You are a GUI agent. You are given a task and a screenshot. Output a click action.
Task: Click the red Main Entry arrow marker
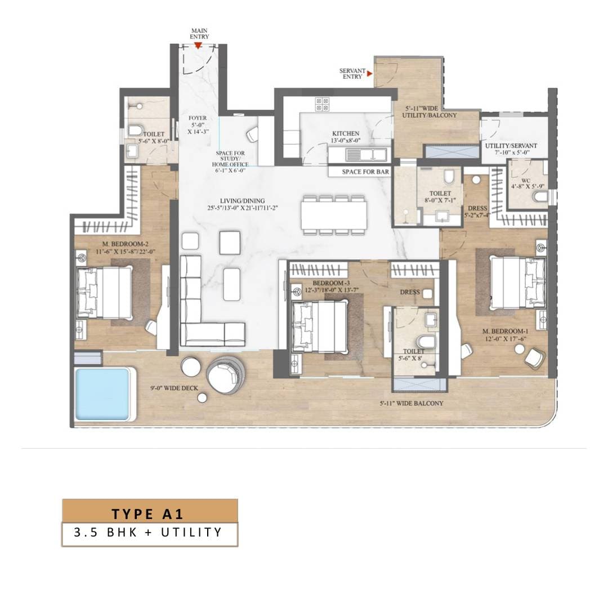click(x=198, y=46)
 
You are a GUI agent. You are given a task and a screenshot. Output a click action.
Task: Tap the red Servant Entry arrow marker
click(x=370, y=73)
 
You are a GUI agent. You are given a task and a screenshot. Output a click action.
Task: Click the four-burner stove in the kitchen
click(x=322, y=104)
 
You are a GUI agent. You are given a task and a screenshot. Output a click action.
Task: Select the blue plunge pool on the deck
click(x=102, y=394)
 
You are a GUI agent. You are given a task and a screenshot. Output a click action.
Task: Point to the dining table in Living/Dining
click(x=334, y=215)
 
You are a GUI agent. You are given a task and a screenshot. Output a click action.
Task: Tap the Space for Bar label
click(x=366, y=171)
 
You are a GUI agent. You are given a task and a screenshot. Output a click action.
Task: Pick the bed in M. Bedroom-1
click(x=518, y=283)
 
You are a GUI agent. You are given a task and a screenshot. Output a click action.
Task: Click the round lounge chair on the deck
click(x=225, y=375)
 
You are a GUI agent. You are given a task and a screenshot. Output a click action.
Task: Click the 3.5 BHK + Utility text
click(x=147, y=532)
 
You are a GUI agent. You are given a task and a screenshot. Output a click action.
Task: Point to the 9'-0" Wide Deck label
click(x=174, y=388)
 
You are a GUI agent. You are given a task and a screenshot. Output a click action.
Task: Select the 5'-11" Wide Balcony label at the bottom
click(x=412, y=403)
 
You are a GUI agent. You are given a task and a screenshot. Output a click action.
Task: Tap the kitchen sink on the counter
click(x=366, y=155)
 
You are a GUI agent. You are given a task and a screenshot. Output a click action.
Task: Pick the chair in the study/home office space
click(x=252, y=134)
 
